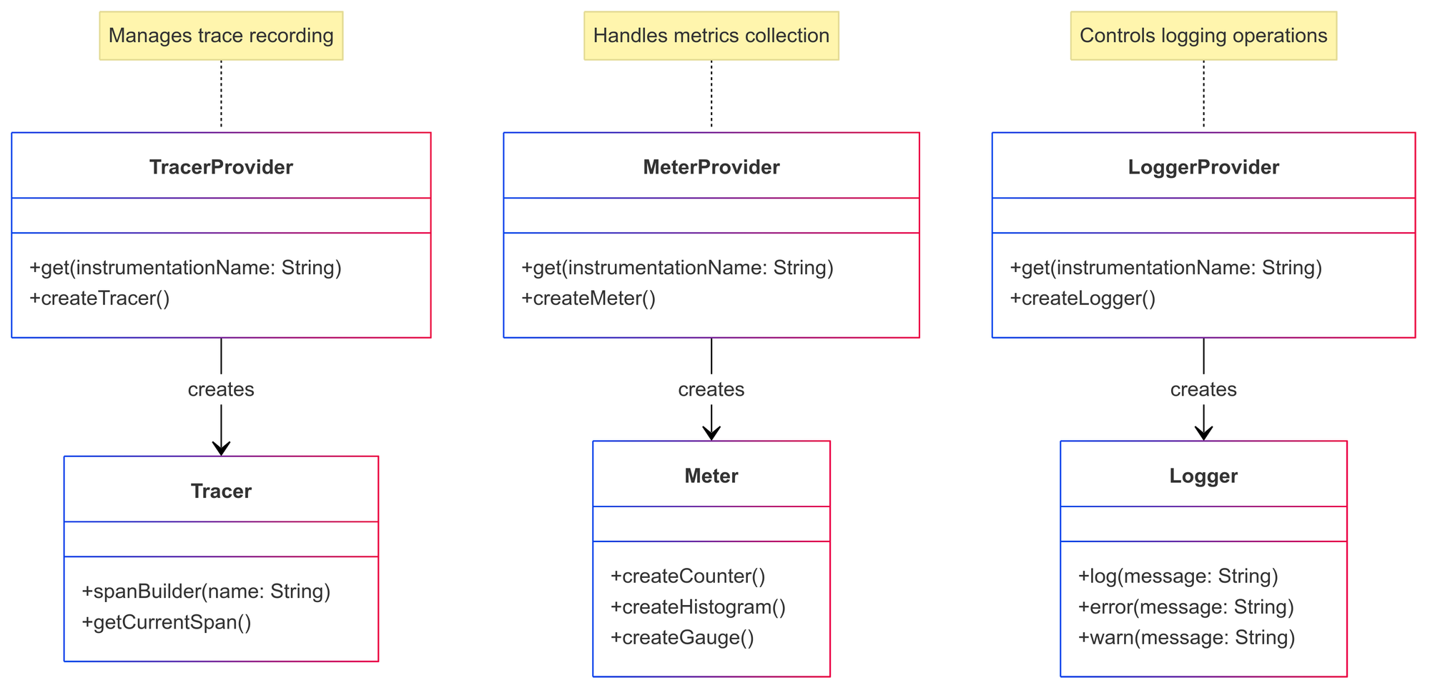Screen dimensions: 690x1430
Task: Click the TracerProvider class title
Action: (x=221, y=167)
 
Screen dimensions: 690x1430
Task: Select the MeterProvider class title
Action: (x=711, y=167)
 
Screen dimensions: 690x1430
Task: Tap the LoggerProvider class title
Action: (x=1203, y=167)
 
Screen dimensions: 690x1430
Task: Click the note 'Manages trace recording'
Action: (x=221, y=36)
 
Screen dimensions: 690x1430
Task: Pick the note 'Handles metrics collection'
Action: (x=711, y=36)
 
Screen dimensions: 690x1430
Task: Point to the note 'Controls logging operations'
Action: (x=1203, y=36)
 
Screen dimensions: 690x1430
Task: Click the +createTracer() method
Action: (x=99, y=299)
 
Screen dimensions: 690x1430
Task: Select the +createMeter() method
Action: (x=588, y=299)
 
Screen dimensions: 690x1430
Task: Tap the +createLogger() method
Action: (x=1082, y=299)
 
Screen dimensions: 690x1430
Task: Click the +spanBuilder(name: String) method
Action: (x=206, y=591)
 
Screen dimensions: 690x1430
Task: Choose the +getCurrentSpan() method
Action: (x=166, y=622)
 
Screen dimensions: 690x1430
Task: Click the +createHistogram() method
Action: (x=698, y=607)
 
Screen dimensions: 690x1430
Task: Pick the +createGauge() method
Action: (x=682, y=638)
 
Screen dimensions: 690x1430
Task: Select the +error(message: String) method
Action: (x=1185, y=607)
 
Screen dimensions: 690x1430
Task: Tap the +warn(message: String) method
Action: (x=1185, y=638)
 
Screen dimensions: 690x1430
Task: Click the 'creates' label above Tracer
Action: (x=221, y=389)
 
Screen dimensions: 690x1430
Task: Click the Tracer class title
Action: (x=221, y=491)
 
